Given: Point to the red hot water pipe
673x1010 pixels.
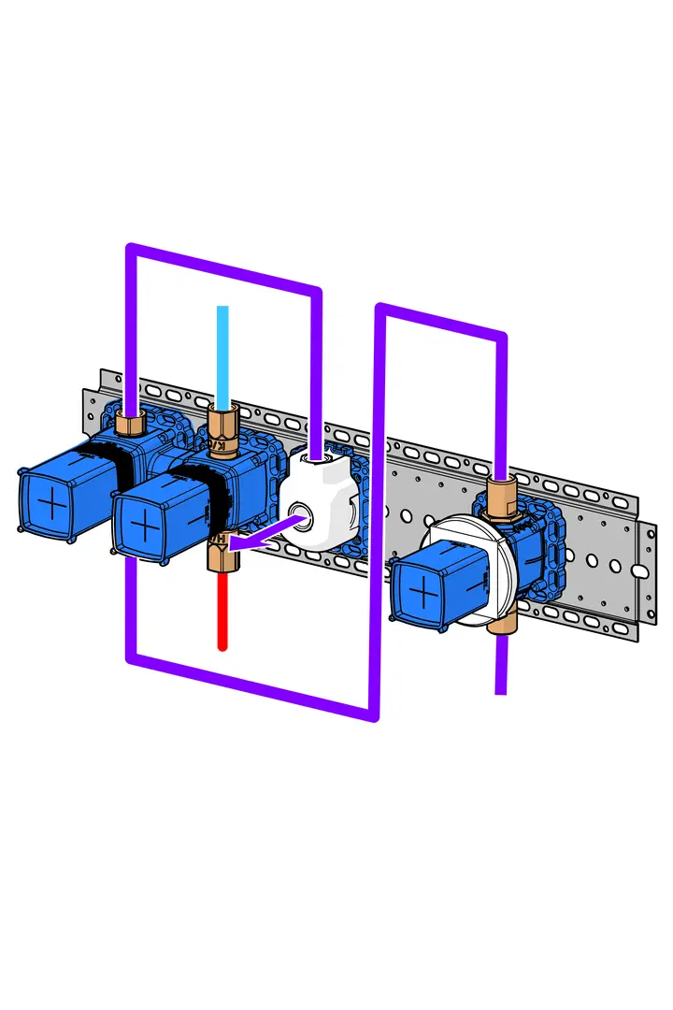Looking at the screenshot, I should (222, 608).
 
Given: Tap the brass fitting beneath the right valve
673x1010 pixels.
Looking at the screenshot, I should (501, 617).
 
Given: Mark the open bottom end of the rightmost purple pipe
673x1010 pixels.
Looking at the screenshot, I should (500, 690).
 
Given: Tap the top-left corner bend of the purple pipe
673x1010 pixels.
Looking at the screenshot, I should (132, 249).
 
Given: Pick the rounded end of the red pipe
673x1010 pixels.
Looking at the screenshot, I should (222, 645).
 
